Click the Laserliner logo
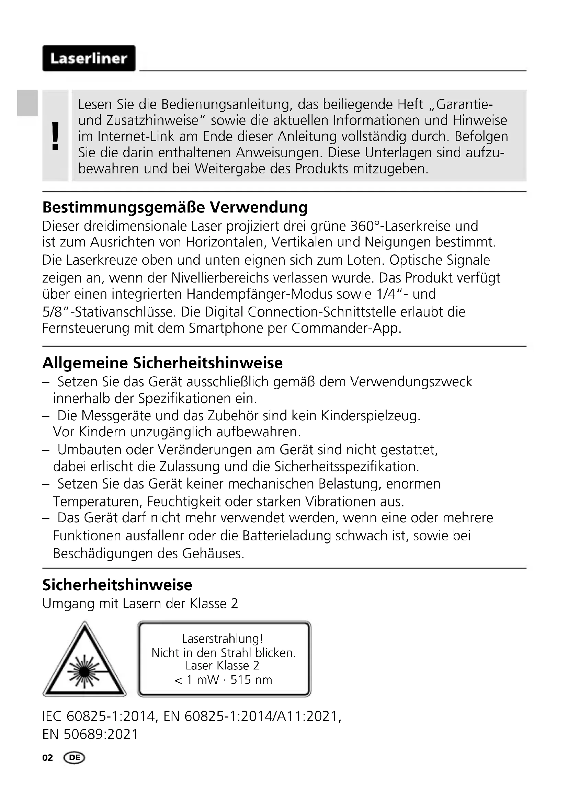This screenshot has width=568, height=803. (x=89, y=58)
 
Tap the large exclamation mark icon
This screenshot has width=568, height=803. (x=55, y=136)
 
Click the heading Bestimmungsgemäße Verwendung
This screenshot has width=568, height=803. (x=175, y=207)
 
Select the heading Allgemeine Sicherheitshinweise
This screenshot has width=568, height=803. (x=162, y=363)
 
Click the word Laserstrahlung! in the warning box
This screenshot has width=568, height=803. (x=223, y=639)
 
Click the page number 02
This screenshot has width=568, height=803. (x=48, y=758)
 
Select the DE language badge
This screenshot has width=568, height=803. (x=74, y=758)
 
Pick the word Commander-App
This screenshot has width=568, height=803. (x=346, y=328)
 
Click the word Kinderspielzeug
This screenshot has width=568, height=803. (x=371, y=415)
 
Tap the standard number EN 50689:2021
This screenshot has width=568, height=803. (x=90, y=734)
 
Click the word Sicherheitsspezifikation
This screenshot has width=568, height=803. (x=346, y=466)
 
